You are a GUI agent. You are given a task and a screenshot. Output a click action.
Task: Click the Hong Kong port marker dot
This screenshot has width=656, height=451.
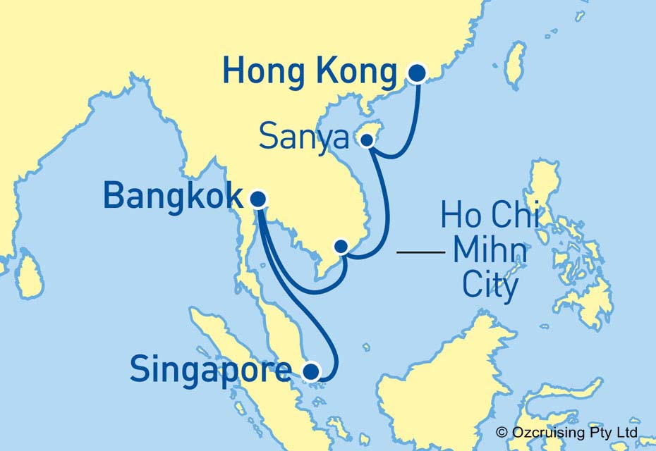tap(418, 73)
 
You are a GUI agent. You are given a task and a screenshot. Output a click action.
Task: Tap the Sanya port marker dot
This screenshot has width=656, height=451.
tap(367, 140)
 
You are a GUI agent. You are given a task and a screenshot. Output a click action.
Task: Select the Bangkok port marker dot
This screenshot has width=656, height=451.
tap(258, 199)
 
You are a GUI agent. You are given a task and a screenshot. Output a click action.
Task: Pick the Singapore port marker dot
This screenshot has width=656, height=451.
tap(310, 370)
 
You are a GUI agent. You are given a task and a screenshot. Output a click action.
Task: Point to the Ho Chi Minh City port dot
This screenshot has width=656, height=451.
tap(341, 246)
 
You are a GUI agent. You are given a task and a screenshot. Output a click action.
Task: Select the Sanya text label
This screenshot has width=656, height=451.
tap(303, 137)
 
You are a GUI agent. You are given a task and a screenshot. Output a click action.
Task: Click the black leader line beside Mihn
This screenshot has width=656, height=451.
tap(421, 251)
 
